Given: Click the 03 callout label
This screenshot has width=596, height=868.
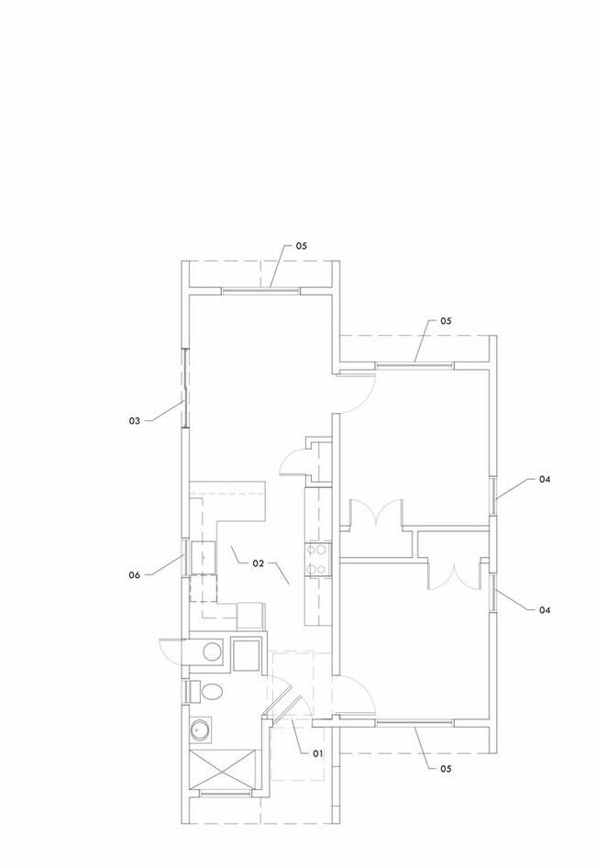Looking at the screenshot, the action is (x=135, y=421).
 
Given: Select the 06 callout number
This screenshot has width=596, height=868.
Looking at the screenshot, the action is (x=135, y=575).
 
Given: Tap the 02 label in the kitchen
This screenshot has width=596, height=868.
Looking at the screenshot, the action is (x=259, y=563).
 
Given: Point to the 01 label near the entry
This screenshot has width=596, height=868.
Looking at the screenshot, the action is (x=317, y=753).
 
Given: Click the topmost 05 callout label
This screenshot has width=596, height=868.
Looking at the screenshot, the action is (x=301, y=246).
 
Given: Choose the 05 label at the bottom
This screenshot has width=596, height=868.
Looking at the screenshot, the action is (x=446, y=768).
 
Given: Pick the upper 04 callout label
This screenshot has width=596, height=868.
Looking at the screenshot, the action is (x=545, y=479).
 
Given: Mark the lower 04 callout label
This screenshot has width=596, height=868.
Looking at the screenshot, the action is (x=545, y=610).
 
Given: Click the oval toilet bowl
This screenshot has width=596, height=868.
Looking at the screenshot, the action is (x=212, y=692).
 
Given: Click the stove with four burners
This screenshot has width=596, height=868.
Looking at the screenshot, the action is (x=317, y=560).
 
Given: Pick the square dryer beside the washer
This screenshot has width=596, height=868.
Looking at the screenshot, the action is (x=247, y=655).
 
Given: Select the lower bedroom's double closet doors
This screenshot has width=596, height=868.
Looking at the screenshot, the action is (x=454, y=576).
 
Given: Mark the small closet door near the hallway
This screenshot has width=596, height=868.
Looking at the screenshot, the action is (x=293, y=462).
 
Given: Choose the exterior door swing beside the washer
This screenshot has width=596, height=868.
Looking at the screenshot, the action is (x=171, y=648).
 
